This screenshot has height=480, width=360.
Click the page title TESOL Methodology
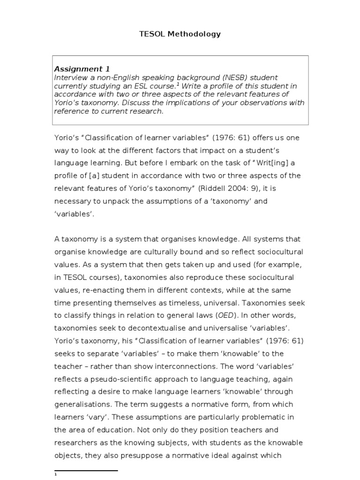click(x=180, y=34)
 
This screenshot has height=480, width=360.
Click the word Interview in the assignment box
click(x=71, y=77)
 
